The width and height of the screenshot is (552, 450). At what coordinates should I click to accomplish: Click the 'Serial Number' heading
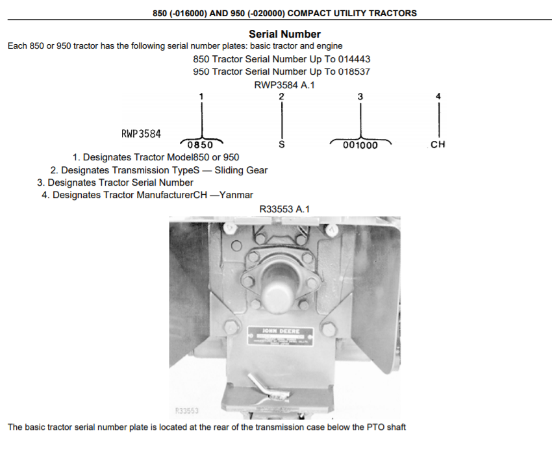click(284, 34)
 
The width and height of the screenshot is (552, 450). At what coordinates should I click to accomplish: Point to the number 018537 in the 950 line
click(355, 71)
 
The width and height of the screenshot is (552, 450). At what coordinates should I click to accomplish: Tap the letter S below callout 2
click(281, 145)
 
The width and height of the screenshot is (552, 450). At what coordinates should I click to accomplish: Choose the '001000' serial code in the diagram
click(360, 145)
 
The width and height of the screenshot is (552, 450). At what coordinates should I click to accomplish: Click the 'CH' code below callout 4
click(438, 144)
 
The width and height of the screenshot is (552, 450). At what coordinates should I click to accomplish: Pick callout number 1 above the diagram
click(201, 96)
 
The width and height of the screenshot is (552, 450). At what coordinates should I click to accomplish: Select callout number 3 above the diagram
click(360, 96)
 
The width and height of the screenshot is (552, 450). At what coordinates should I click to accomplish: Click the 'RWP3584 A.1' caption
click(284, 84)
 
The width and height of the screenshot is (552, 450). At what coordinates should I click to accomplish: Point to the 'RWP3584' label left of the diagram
click(141, 134)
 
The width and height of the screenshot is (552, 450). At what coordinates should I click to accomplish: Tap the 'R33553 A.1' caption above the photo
click(284, 208)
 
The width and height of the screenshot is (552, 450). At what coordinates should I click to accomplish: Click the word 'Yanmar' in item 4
click(236, 195)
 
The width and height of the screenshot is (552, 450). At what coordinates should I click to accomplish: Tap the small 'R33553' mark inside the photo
click(187, 410)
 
